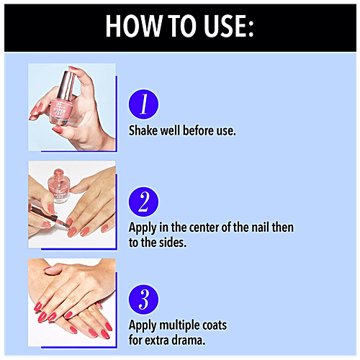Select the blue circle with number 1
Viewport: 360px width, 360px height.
(x=143, y=104)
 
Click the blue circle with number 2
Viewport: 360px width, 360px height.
(x=143, y=202)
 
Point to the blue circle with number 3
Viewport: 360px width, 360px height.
(x=143, y=300)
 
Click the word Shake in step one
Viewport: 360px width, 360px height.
(x=143, y=130)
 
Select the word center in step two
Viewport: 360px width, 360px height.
(x=204, y=228)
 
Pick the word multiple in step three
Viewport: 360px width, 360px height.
(x=176, y=325)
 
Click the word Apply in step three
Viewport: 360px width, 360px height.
(x=143, y=325)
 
